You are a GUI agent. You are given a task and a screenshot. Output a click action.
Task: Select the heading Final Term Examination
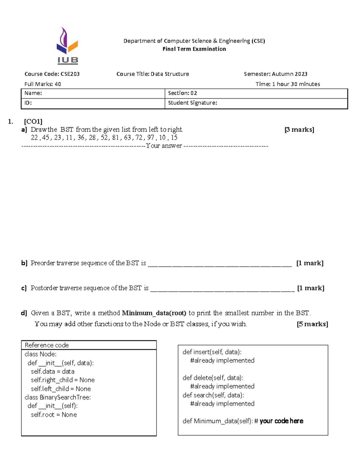[x=194, y=49]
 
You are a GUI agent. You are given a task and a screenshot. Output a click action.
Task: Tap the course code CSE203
[x=70, y=74]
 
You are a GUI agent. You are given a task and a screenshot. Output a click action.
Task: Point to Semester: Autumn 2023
[x=275, y=74]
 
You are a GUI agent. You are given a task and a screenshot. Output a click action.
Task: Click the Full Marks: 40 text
[x=43, y=84]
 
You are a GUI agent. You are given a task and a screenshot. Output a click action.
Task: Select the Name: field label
[x=33, y=93]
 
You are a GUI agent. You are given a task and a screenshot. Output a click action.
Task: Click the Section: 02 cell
[x=182, y=93]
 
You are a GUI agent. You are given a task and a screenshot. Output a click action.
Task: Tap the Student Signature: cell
[x=192, y=103]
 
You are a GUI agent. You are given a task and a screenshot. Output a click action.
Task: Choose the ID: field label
[x=28, y=103]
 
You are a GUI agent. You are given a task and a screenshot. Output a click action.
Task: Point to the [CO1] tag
[x=33, y=121]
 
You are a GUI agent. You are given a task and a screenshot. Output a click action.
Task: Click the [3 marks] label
[x=299, y=130]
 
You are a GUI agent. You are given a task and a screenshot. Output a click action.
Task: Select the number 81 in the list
[x=115, y=137]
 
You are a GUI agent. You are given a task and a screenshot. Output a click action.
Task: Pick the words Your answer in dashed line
[x=164, y=146]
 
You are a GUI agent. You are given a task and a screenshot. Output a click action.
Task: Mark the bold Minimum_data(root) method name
[x=154, y=313]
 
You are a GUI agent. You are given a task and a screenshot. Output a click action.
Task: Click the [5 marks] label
[x=312, y=324]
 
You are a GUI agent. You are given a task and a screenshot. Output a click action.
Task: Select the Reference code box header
[x=47, y=345]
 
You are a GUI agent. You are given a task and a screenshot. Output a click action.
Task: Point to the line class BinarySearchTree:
[x=58, y=397]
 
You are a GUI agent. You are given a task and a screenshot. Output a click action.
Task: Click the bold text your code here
[x=281, y=421]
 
